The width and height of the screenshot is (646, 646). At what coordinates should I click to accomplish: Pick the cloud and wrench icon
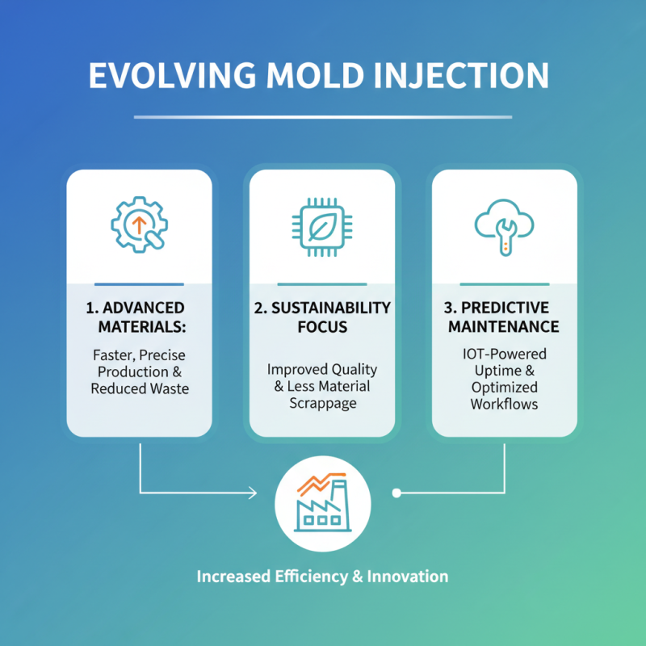point(504,226)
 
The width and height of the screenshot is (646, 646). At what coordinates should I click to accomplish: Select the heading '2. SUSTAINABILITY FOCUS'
point(322,317)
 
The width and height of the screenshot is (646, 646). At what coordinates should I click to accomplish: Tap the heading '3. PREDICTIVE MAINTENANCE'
point(504,317)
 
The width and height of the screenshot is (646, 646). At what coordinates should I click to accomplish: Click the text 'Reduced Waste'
point(139,389)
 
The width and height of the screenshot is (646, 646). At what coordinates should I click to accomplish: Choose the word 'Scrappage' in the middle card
point(322,403)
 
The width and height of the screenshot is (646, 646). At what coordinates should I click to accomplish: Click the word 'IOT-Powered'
point(504,353)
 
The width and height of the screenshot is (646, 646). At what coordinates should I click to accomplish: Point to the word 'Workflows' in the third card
point(504,403)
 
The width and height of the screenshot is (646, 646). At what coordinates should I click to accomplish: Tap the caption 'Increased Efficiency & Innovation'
point(322,577)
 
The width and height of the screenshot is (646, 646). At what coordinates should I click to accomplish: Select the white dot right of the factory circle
point(396,492)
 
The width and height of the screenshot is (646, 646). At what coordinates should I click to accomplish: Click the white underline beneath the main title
point(322,117)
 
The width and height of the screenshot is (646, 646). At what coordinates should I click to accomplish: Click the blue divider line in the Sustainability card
point(322,283)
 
